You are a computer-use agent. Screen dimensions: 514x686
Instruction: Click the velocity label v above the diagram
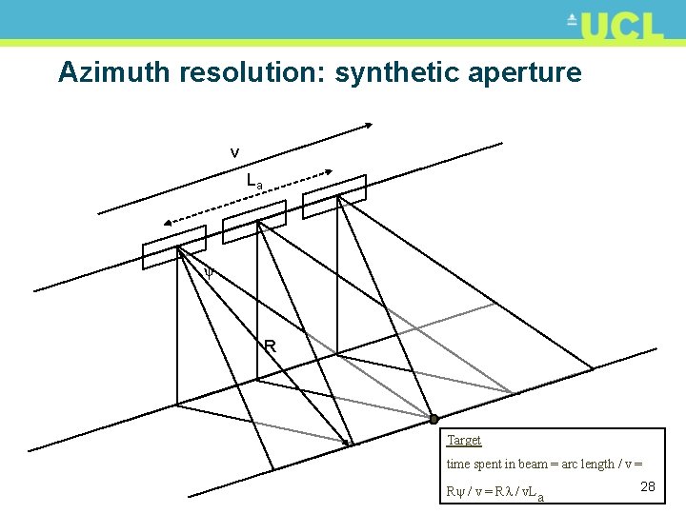234,152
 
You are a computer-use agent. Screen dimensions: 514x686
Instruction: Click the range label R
270,346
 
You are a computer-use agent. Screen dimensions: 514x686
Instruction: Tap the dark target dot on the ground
433,419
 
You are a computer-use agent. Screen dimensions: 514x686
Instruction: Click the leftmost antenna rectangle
173,247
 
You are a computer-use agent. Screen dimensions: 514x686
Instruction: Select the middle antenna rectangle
253,222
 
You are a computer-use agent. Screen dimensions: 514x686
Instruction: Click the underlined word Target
464,441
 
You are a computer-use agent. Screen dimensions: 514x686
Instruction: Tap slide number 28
647,486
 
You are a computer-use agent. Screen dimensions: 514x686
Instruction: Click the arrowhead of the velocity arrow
370,125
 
